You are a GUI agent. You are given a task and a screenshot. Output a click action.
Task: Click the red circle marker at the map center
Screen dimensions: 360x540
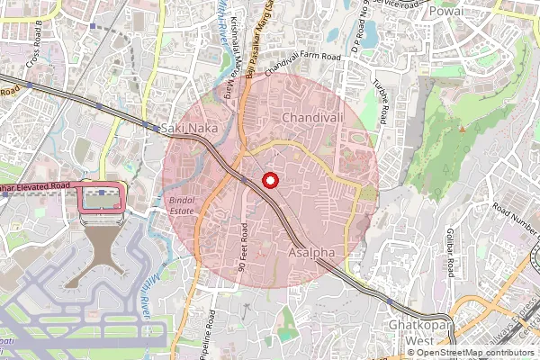pyautogui.click(x=269, y=181)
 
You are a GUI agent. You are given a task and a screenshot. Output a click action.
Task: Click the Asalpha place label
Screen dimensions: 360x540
pyautogui.click(x=310, y=255)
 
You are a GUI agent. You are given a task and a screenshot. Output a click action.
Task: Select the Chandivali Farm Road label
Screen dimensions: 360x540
pyautogui.click(x=297, y=58)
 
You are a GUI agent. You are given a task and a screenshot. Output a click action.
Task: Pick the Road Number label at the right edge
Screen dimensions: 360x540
pyautogui.click(x=515, y=212)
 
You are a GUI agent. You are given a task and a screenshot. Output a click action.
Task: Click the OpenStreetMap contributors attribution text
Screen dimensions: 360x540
pyautogui.click(x=474, y=353)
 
